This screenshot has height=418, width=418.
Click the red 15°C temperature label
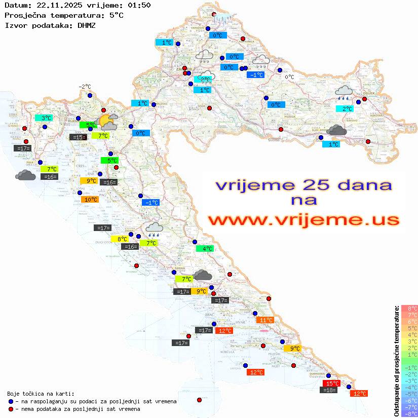(x=331, y=384)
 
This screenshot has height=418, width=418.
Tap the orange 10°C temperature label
(x=89, y=199)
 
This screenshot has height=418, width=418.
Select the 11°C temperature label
(x=265, y=320)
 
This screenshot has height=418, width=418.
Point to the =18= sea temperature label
(x=329, y=390)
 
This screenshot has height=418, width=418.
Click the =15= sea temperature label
(x=78, y=137)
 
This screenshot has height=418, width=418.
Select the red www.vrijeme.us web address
(x=303, y=219)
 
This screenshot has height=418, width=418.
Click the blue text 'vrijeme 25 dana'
(x=303, y=185)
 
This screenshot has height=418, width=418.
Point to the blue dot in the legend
(x=11, y=401)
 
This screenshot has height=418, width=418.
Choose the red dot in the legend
(x=11, y=409)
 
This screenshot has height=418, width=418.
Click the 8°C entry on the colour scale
(x=409, y=308)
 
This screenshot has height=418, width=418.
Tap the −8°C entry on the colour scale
(x=409, y=413)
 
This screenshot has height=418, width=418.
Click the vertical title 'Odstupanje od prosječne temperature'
(x=396, y=361)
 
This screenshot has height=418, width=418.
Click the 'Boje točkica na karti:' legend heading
(x=41, y=393)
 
